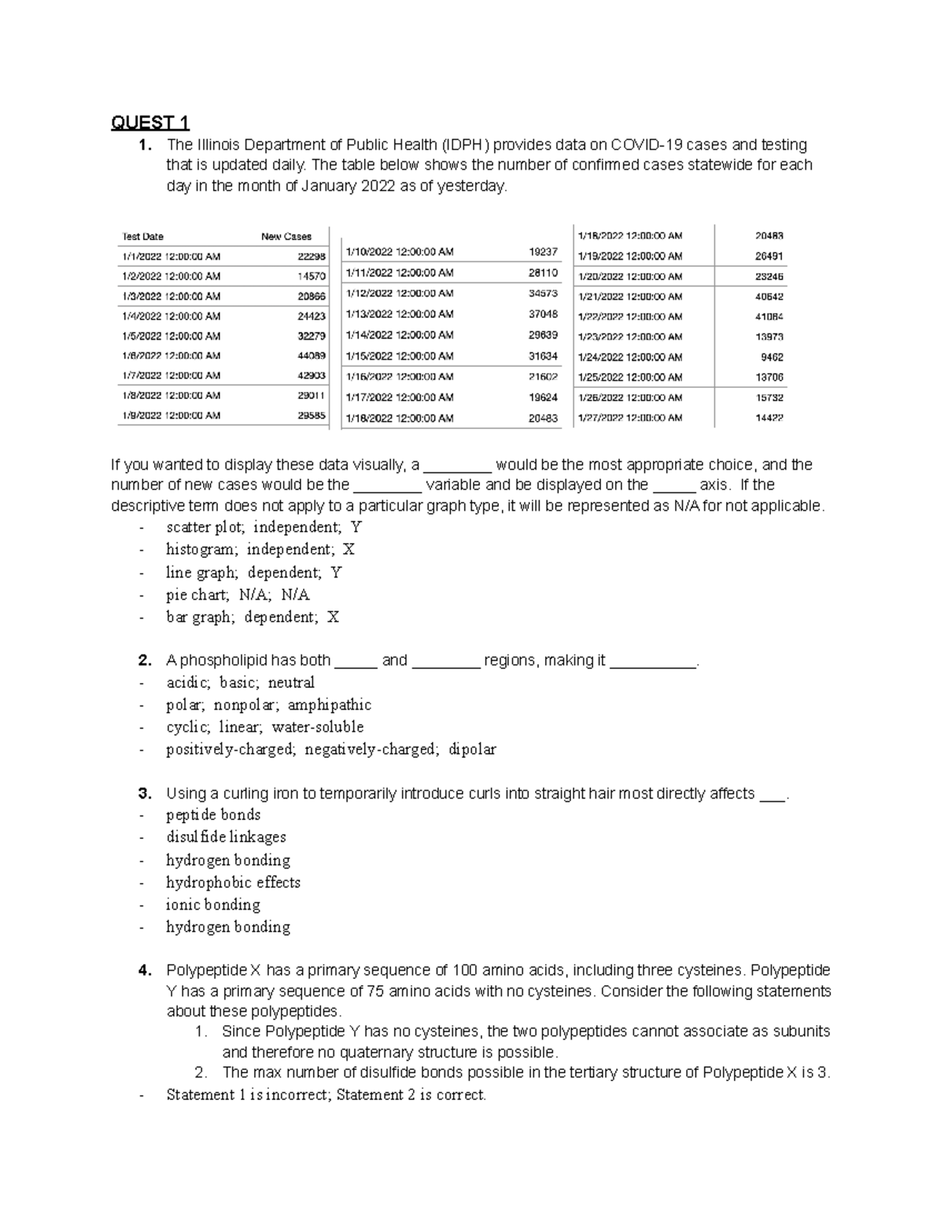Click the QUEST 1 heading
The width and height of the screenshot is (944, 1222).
tap(149, 123)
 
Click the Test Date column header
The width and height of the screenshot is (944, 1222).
tap(142, 236)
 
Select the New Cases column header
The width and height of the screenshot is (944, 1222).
tap(286, 236)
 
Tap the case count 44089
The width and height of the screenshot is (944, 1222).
tap(312, 356)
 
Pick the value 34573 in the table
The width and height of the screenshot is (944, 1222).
tap(543, 294)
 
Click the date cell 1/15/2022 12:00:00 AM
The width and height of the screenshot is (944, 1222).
tap(400, 356)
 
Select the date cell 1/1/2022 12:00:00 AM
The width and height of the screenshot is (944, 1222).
tap(171, 257)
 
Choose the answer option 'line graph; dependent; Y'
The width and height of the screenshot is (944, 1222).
tap(253, 573)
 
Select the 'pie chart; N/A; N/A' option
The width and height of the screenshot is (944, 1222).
tap(238, 595)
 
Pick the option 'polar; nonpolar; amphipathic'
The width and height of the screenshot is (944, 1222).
tap(268, 705)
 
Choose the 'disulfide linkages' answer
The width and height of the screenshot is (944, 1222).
tap(226, 837)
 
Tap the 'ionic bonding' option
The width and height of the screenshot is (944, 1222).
tap(212, 905)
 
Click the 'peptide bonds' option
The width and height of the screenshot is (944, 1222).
tap(213, 815)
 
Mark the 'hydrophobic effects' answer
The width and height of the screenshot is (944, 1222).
tap(233, 883)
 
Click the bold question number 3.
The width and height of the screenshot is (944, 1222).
tap(144, 793)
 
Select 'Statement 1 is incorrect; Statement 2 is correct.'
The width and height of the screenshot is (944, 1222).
tap(326, 1095)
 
